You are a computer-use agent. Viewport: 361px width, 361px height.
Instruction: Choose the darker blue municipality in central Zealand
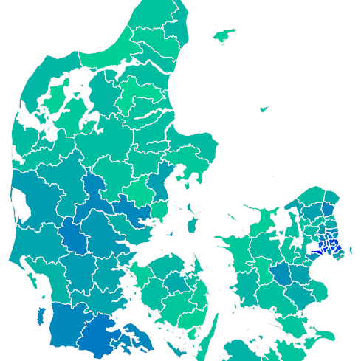(x=282, y=276)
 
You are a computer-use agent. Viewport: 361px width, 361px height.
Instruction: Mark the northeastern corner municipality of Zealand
(x=331, y=198)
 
